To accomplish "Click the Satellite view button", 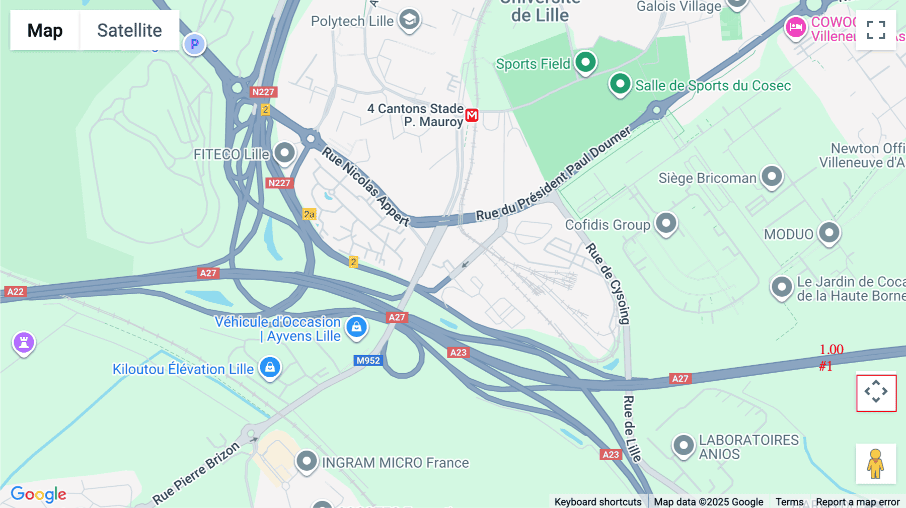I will point(129,30).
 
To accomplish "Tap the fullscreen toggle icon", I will point(876,30).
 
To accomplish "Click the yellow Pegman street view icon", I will point(876,464).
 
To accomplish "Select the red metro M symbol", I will point(472,115).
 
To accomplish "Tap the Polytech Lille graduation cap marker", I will point(409,20).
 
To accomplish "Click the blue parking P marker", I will point(194,44).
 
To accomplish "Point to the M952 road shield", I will point(368,360).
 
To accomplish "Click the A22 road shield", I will point(15,291).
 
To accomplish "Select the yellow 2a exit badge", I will point(309,214).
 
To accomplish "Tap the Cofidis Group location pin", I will point(666,222).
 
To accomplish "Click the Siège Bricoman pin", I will point(772,176).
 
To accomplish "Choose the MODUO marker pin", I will point(829,232).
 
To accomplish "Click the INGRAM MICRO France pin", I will point(306,460).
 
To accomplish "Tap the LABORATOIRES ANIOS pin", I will point(684,445).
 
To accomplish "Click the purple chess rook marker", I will point(24,343).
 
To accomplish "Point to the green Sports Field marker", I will point(585,62).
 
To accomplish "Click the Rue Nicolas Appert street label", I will point(365,187).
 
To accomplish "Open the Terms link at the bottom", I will point(789,501).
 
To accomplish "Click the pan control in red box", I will point(876,391).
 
